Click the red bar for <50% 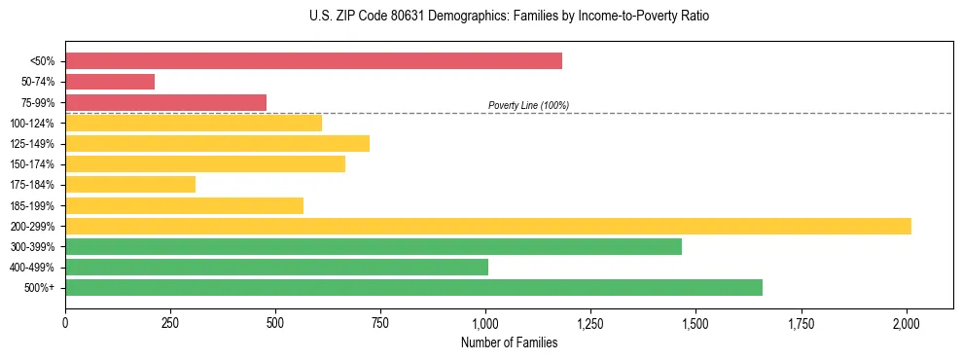tap(313, 61)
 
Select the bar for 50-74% tap(110, 82)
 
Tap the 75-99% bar tap(165, 102)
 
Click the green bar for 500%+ tap(413, 287)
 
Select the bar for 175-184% tap(130, 184)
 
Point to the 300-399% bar tap(374, 246)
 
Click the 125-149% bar tap(217, 143)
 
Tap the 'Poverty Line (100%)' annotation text tap(528, 105)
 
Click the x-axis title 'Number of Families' tap(510, 342)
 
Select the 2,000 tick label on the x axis tap(907, 321)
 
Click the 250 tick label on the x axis tap(170, 321)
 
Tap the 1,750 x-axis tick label tap(802, 321)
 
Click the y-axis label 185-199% tap(32, 205)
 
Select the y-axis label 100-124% tap(32, 124)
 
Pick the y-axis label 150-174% tap(32, 164)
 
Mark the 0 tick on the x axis tap(65, 321)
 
